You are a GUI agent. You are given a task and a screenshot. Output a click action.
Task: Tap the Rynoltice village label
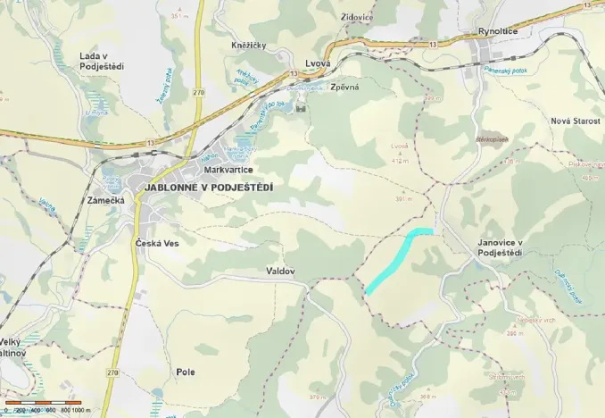(x=497, y=32)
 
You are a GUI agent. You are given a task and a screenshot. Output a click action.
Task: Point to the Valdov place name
(x=280, y=271)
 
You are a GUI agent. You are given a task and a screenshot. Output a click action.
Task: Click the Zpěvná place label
(x=344, y=88)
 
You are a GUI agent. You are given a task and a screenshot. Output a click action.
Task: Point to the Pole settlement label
(x=186, y=372)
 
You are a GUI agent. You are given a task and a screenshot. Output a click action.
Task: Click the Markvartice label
(x=228, y=170)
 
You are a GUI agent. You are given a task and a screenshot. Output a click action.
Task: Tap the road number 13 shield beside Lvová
(x=292, y=73)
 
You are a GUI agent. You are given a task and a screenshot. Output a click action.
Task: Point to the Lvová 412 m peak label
(x=399, y=153)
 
